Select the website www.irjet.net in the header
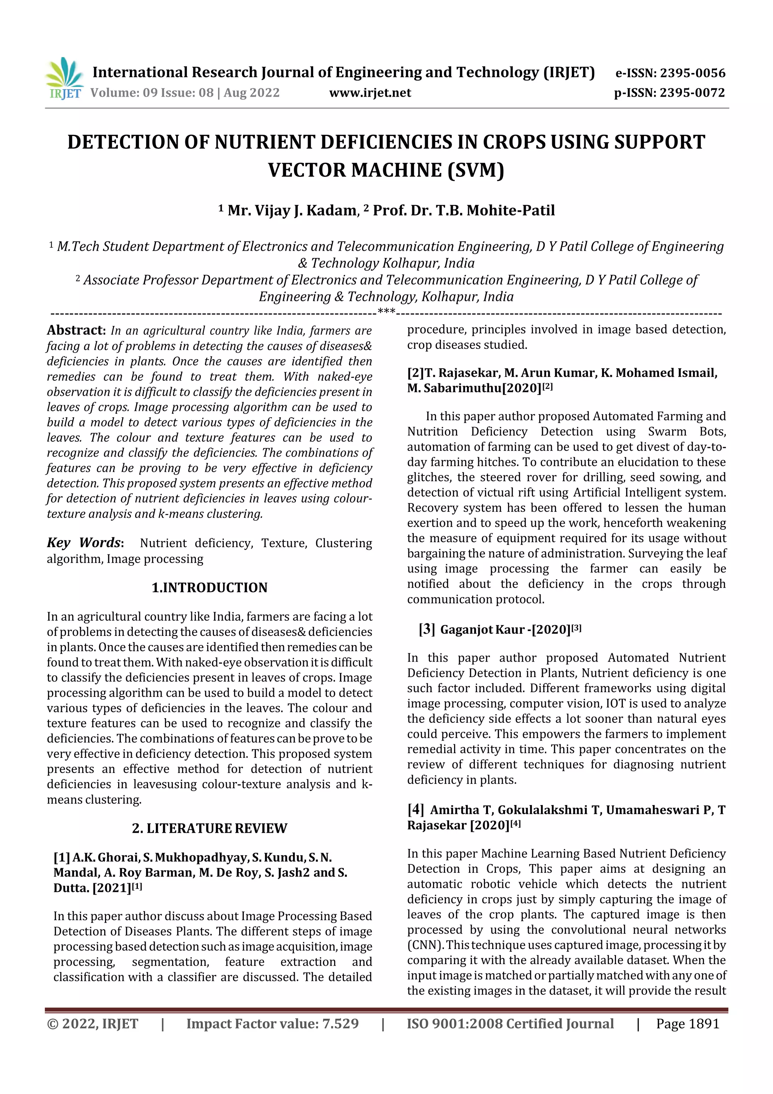point(370,93)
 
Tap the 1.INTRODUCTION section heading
point(209,588)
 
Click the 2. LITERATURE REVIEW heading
point(209,828)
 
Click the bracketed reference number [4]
point(415,810)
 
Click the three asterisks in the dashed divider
point(386,312)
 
